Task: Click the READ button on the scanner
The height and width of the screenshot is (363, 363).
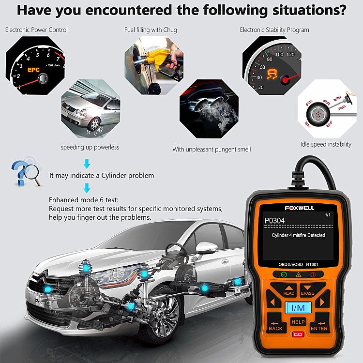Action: [x=288, y=290]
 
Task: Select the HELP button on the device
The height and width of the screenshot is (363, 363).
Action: [x=298, y=322]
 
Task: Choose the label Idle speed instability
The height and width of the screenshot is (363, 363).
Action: [x=326, y=144]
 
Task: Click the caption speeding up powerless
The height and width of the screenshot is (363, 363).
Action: [x=90, y=147]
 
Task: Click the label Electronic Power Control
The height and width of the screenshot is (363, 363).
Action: [x=36, y=30]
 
